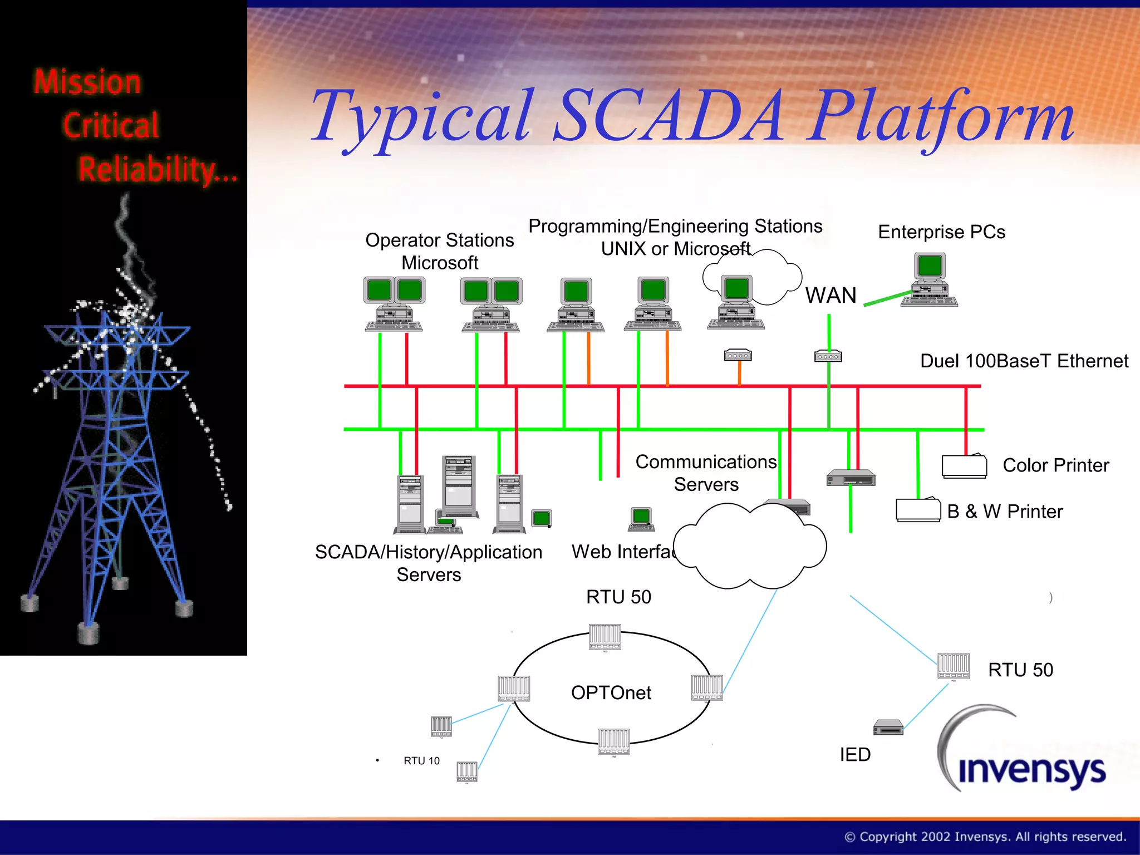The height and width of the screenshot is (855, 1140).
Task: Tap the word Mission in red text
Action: point(87,82)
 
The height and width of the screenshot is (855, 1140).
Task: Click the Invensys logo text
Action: point(1031,770)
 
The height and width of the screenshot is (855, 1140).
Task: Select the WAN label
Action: point(831,295)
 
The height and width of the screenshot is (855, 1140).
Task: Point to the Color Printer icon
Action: point(964,466)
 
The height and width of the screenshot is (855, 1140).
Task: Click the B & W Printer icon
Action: point(918,509)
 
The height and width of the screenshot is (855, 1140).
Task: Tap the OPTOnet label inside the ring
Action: point(611,692)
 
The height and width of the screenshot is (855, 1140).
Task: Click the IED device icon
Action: point(888,727)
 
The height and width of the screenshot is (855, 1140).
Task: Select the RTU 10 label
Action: point(421,760)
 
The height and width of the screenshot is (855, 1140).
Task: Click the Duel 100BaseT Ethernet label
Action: point(1024,361)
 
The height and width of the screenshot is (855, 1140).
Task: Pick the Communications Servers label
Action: point(706,473)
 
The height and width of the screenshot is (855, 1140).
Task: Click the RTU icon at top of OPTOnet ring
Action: point(605,637)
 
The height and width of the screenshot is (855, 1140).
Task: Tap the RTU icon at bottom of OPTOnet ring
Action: point(614,741)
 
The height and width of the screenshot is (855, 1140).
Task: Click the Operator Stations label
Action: point(439,250)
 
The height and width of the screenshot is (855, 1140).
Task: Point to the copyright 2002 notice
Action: point(985,837)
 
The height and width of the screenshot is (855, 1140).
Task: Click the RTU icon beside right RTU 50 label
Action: point(953,666)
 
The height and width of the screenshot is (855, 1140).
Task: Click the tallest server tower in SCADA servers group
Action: point(459,485)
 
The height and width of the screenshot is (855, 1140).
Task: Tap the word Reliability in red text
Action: point(158,170)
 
